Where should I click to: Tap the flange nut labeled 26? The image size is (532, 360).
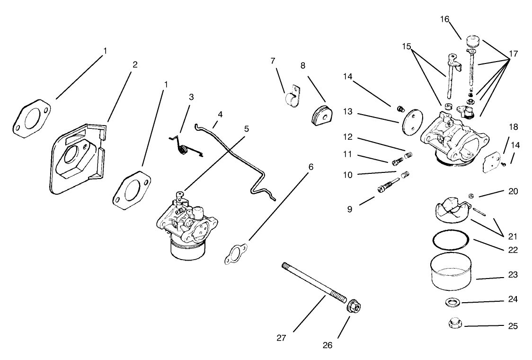point(353,306)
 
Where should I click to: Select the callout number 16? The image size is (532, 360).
point(444,19)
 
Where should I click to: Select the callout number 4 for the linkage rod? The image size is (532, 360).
point(220,115)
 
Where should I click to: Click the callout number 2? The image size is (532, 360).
point(135,65)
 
